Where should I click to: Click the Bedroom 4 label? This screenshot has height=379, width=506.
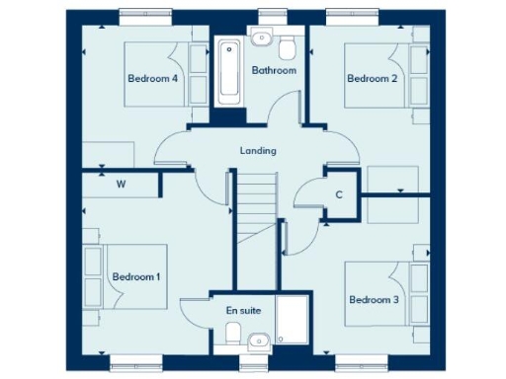point(152,78)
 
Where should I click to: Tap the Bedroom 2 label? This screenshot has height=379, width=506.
point(371,78)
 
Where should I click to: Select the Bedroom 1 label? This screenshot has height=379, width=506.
point(135,277)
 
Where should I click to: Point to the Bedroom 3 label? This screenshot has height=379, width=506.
point(374,299)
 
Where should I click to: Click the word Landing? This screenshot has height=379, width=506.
point(258,151)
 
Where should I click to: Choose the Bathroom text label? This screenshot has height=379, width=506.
point(273,70)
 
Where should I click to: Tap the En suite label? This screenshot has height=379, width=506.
point(243,310)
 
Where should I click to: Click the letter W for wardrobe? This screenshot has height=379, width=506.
point(122,184)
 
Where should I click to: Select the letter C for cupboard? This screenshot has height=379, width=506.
point(338,194)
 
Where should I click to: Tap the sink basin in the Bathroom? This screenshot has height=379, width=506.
point(262,38)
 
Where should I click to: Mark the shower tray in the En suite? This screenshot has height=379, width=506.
point(293,322)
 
